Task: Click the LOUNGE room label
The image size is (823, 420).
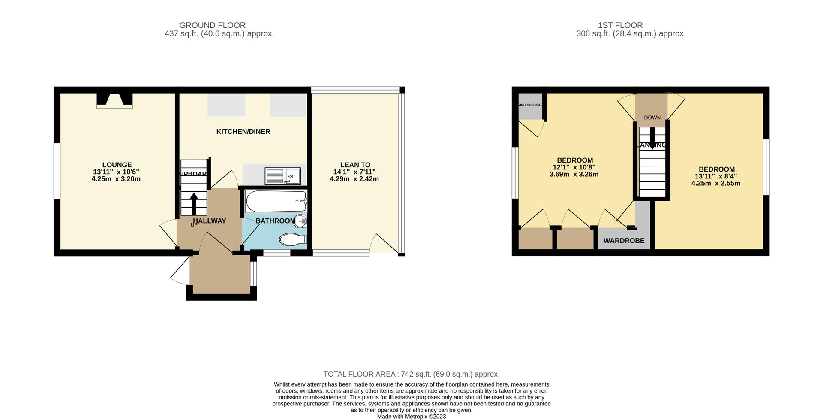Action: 117,165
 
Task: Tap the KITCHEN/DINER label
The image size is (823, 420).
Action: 243,132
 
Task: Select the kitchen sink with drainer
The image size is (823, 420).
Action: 283,176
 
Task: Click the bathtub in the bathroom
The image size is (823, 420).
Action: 276,201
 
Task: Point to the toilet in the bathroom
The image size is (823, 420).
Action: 293,239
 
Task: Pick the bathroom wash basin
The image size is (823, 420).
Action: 302,221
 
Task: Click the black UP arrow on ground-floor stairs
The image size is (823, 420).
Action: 194,204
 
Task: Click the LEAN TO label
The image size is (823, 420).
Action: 355,165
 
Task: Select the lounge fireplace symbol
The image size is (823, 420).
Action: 114,100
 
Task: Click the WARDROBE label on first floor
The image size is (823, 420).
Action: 624,241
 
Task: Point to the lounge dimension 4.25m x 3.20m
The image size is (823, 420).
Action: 116,179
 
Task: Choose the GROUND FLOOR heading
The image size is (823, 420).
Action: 212,25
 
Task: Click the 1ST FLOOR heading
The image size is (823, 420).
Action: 620,25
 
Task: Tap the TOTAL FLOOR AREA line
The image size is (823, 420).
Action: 411,374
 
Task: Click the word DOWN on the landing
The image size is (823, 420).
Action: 652,118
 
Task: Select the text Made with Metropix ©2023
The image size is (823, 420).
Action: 411,416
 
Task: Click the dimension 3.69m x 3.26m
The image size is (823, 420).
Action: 574,175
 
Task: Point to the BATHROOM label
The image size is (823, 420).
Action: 275,221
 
